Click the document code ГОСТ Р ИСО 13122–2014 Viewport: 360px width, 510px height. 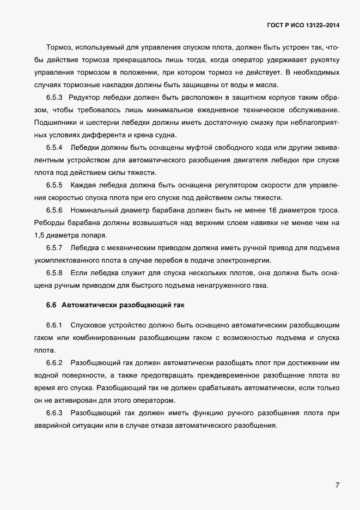pyautogui.click(x=303, y=25)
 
